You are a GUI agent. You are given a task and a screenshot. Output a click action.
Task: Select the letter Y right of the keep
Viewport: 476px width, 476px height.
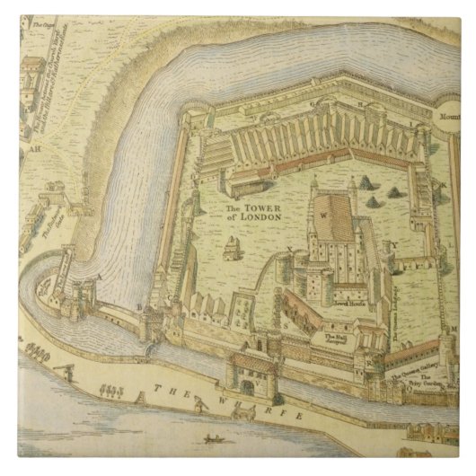pos(392,245)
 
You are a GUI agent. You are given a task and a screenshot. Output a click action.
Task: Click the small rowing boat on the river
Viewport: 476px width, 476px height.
pos(214,439)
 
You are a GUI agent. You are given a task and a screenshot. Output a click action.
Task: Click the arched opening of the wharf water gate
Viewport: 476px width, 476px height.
pos(246,387)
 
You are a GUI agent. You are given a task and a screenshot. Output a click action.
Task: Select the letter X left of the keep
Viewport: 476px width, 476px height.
pos(289,246)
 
